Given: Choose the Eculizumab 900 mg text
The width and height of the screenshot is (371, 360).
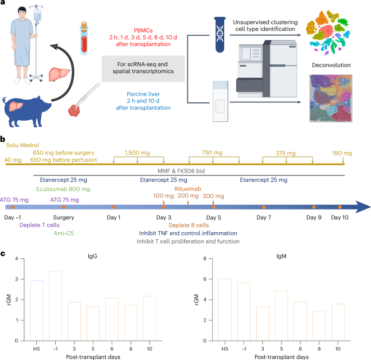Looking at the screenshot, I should click(x=60, y=189).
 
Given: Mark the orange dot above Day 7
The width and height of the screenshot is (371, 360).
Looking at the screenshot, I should click(x=264, y=207).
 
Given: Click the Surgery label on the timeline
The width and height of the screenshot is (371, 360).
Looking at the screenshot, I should click(x=63, y=217).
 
